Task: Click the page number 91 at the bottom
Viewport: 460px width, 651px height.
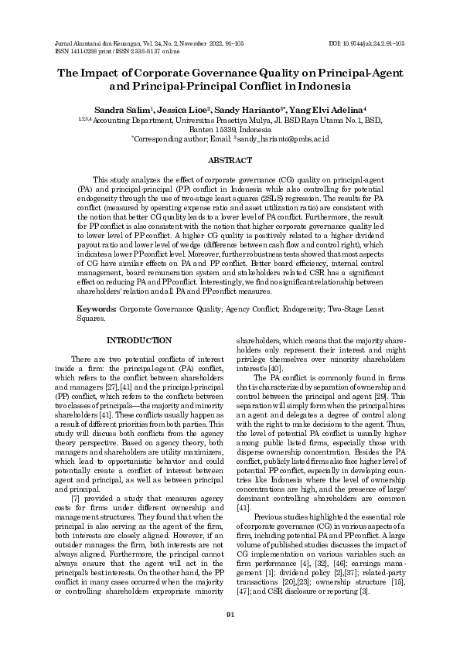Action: [x=230, y=615]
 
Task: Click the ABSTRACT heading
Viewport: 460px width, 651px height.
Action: [x=230, y=160]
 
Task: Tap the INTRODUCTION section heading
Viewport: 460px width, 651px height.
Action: [x=138, y=340]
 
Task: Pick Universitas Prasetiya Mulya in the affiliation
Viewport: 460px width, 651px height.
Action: [x=196, y=121]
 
